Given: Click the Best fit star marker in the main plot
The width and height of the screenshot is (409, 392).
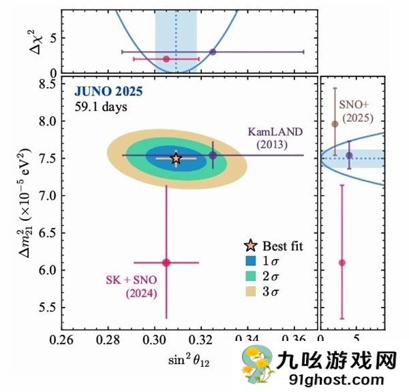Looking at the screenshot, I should [176, 158].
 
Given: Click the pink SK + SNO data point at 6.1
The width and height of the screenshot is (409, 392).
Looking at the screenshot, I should [166, 262].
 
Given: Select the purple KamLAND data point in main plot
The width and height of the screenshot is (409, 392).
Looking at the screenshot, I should [213, 155].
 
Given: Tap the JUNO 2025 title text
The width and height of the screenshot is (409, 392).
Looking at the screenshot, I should [108, 93].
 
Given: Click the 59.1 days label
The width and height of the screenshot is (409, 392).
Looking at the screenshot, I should [101, 106].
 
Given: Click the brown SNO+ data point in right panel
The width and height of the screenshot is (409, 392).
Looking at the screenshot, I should [335, 124].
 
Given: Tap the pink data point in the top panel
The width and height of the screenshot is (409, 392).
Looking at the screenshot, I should [166, 59].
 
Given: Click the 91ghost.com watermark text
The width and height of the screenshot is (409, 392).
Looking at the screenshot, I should [336, 378].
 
